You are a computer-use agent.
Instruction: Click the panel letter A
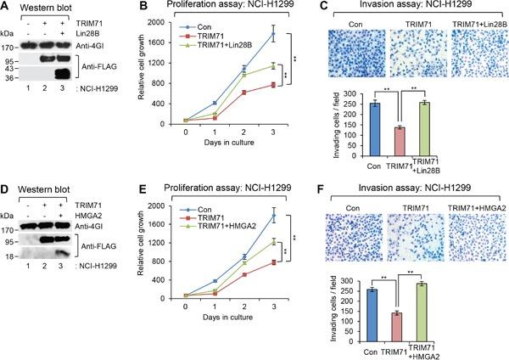click(7, 8)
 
